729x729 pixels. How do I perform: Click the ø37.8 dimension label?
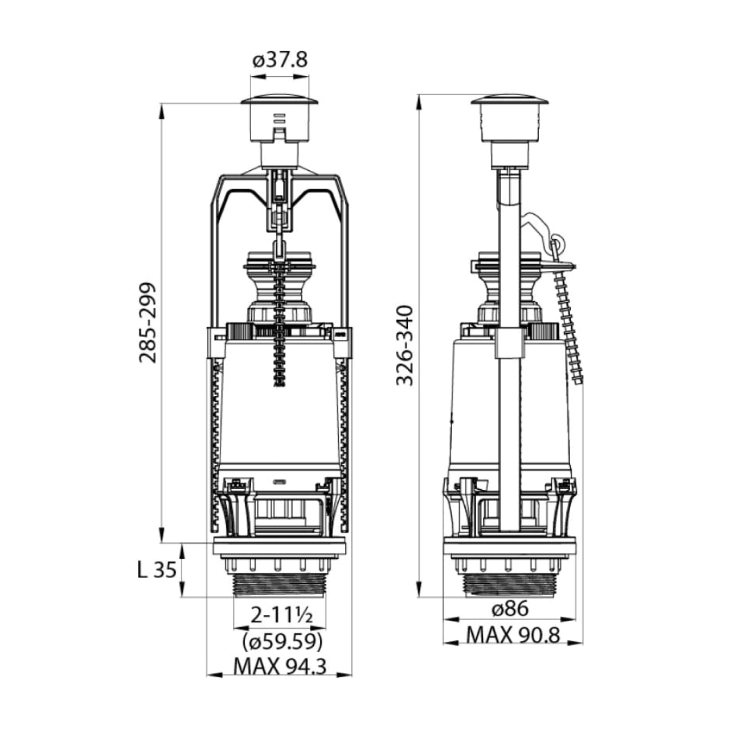pos(280,60)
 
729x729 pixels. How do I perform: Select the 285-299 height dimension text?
pos(148,322)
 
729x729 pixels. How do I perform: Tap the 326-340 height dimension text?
pos(405,345)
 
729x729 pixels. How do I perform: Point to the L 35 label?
pos(157,570)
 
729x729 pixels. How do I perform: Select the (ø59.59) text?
pos(282,641)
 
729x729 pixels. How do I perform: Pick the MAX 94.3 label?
pos(280,666)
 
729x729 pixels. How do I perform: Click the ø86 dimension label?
pos(509,609)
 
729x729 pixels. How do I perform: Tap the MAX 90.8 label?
pos(513,635)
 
